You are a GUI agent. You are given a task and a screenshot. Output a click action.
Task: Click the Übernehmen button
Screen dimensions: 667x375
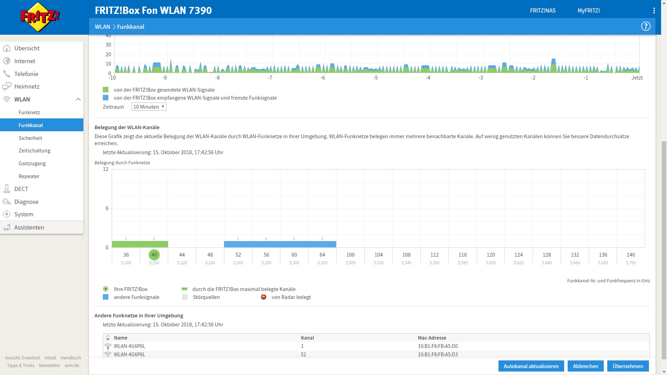pos(628,366)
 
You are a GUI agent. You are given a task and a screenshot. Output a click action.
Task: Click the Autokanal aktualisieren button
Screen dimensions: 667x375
pos(531,366)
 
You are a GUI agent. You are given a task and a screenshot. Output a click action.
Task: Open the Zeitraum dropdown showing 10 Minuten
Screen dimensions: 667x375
pos(149,107)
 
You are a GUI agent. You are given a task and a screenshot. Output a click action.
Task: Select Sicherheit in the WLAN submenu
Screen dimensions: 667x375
pos(31,138)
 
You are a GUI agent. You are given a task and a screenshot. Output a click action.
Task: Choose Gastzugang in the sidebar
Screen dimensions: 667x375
pos(32,163)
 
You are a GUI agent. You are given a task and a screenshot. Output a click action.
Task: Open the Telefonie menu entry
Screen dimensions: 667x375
pos(26,74)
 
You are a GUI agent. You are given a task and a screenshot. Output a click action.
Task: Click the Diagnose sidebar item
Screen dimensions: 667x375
pos(26,202)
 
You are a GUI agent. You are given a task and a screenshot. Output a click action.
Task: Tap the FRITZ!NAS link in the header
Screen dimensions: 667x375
pos(543,10)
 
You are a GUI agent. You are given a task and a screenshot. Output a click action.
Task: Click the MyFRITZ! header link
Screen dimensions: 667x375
pos(588,10)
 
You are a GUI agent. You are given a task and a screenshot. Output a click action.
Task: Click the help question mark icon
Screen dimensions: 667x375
pos(646,26)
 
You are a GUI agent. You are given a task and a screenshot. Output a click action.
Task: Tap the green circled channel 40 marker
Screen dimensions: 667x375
pos(154,255)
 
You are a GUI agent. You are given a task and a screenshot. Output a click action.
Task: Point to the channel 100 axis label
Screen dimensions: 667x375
pos(351,255)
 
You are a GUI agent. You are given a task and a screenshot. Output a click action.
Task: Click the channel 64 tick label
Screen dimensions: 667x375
pos(322,255)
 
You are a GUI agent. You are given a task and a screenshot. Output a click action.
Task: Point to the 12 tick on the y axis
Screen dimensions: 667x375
pos(106,169)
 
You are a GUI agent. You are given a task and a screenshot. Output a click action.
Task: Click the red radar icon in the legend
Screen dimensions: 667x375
pos(264,297)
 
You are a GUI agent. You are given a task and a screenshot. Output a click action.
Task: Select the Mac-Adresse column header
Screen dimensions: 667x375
pos(432,338)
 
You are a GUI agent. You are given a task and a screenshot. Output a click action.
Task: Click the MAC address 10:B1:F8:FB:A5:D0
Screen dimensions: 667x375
pos(438,346)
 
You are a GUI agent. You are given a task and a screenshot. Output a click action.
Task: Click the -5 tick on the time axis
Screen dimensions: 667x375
pos(376,78)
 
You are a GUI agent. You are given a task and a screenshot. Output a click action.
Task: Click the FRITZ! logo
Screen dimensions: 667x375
pos(40,17)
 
